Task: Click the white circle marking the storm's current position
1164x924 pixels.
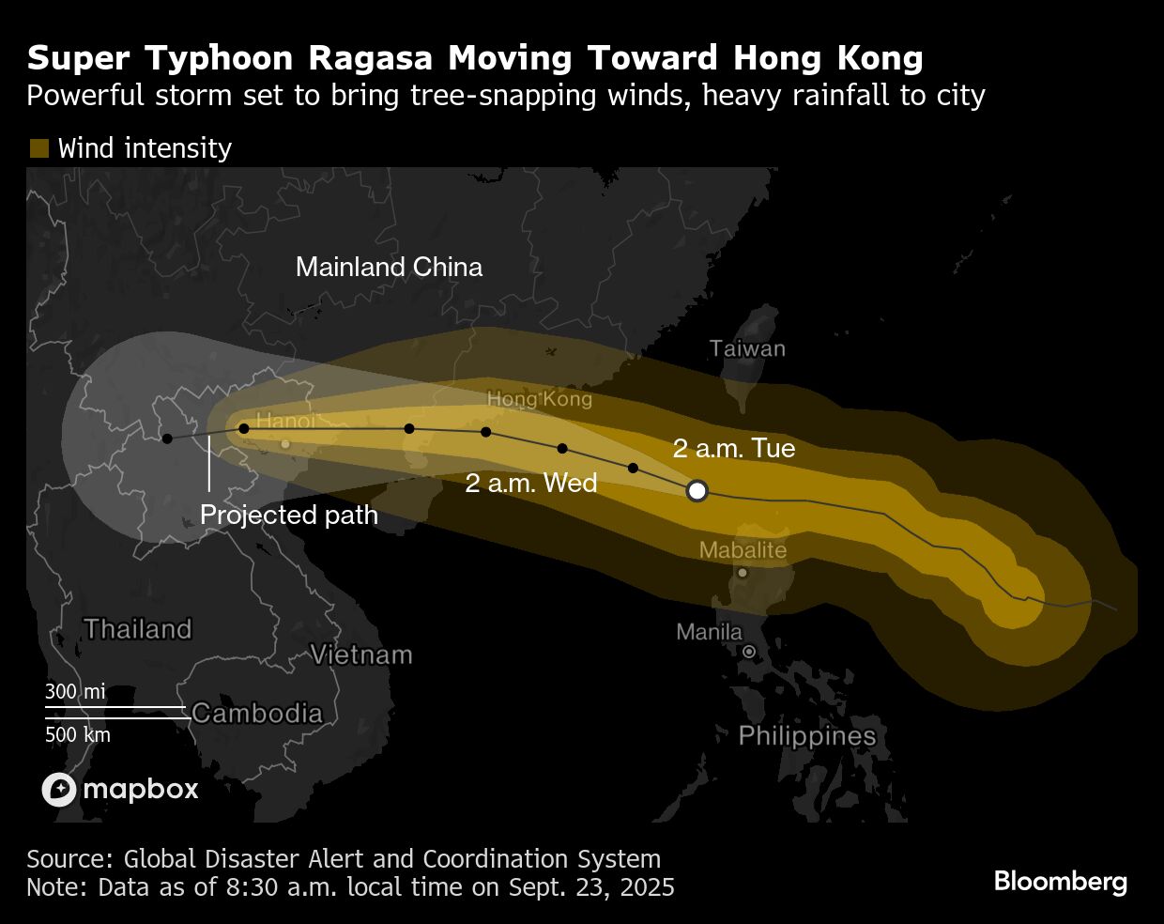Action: (697, 490)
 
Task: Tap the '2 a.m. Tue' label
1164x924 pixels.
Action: (734, 448)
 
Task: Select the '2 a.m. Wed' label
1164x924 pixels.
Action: (531, 483)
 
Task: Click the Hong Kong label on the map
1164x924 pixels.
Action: (539, 399)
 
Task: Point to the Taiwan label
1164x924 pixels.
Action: (747, 348)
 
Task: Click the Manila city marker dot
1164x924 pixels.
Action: (749, 651)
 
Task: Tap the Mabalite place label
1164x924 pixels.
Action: (743, 550)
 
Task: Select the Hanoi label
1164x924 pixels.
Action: (285, 421)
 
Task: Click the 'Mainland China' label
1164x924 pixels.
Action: (389, 267)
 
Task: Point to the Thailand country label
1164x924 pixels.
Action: (138, 628)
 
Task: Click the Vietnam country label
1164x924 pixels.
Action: (361, 654)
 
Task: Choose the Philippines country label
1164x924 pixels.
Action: (807, 735)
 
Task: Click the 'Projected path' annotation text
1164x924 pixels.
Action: (289, 515)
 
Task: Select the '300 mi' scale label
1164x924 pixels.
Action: (75, 692)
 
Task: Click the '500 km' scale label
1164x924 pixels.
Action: (78, 734)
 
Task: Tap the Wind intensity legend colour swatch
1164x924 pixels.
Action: (38, 148)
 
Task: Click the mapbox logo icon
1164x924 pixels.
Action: (58, 789)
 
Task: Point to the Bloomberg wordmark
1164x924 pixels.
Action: (1060, 882)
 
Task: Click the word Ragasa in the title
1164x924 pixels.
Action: (371, 58)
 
